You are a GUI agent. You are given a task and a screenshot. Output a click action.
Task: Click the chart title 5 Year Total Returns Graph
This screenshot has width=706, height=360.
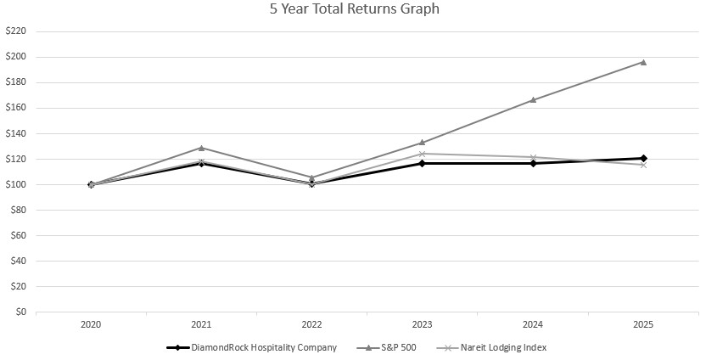point(353,10)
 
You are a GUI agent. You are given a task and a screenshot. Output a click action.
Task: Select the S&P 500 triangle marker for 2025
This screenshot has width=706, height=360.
point(643,62)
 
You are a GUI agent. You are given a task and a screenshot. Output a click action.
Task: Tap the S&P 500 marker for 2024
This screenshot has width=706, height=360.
point(533,99)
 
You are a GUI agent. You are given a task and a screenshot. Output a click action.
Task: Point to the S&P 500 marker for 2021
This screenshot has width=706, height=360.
point(201,148)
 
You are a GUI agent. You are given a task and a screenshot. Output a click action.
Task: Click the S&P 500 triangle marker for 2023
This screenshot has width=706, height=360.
point(423,143)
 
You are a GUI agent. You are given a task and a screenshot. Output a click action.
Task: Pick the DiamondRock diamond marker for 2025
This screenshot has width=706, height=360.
point(643,158)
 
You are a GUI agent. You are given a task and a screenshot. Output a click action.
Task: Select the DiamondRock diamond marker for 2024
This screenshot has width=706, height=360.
point(533,163)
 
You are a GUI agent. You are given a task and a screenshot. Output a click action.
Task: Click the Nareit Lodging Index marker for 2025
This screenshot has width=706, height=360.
point(643,165)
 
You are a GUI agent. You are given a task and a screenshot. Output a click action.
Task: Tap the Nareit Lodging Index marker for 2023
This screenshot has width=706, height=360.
point(423,154)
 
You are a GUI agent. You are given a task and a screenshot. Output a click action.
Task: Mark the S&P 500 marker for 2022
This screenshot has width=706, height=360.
point(311,177)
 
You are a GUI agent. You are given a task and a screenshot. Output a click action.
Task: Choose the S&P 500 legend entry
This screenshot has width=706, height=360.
point(387,347)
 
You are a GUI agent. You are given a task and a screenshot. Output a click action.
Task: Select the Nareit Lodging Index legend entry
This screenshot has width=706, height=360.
point(490,347)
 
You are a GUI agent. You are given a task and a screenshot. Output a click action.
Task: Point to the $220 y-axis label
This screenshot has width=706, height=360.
point(16,31)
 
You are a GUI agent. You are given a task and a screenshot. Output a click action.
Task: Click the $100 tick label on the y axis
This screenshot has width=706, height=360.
point(16,184)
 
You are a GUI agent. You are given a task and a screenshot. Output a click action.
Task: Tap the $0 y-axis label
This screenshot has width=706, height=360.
point(20,312)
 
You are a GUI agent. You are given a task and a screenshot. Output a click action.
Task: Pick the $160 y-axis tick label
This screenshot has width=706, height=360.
point(16,108)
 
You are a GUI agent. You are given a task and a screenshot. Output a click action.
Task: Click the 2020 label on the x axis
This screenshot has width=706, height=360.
point(91,324)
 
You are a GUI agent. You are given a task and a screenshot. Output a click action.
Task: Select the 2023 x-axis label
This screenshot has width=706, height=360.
point(423,324)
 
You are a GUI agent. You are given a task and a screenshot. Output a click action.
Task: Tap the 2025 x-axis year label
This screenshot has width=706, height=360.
point(643,324)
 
